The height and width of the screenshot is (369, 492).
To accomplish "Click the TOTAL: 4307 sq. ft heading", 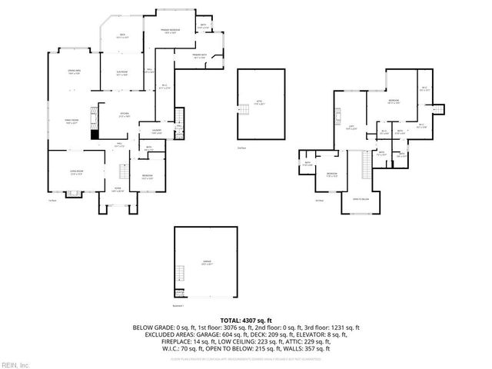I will point(246,319).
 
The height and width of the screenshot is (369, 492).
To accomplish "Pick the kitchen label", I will point(125,115).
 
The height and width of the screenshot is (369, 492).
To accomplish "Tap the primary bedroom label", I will point(169,31).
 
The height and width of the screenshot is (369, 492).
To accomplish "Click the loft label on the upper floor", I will point(351,128).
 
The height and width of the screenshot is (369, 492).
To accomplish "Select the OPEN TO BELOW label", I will point(361,198).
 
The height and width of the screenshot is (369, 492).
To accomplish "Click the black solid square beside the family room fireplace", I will point(95,135).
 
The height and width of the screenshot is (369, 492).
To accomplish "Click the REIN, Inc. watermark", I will point(15,364).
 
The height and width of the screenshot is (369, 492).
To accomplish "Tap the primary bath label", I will point(199,57).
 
